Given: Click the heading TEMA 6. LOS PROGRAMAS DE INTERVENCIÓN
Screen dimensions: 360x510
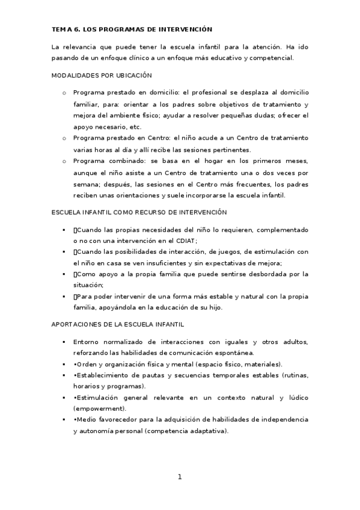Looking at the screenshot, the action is coord(132,29).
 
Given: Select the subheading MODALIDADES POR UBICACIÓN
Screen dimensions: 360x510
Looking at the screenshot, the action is coord(102,76).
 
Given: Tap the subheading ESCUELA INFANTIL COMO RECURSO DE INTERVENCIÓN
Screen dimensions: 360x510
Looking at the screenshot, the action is coord(139,212).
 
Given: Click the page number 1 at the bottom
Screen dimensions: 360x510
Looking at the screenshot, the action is coord(179,477).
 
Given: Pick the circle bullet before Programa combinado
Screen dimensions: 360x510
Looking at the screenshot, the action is coord(64,162).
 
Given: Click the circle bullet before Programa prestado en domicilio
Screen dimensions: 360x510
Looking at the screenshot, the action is coord(64,93).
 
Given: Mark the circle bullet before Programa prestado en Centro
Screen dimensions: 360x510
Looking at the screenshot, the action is coord(64,138).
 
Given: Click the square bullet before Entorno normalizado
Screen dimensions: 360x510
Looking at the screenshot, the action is coord(64,342).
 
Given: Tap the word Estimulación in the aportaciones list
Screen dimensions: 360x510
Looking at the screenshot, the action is coord(99,398).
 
